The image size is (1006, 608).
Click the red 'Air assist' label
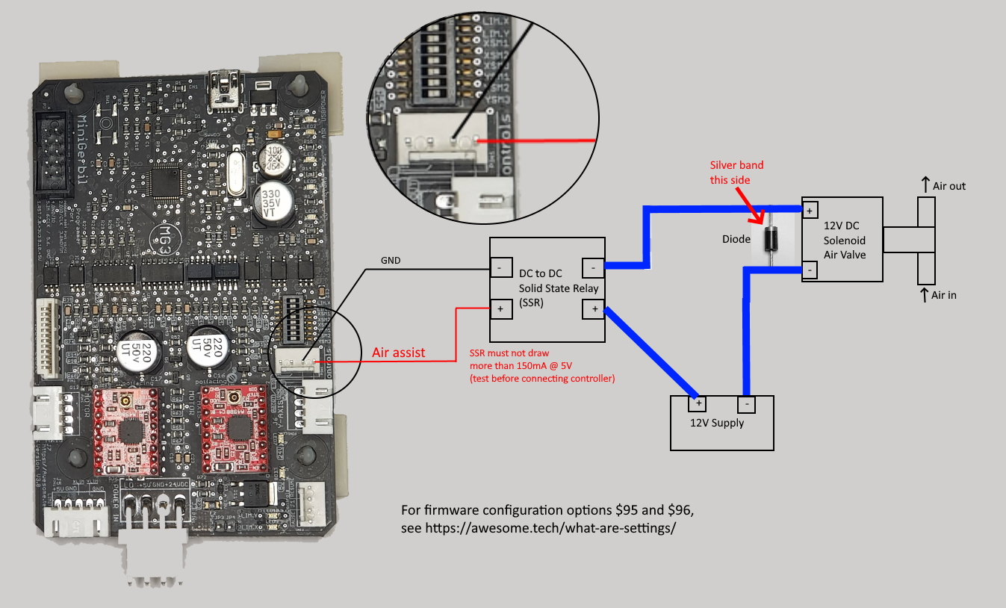pyautogui.click(x=399, y=353)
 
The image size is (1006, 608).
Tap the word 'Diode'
pyautogui.click(x=737, y=240)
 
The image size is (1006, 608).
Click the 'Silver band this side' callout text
pyautogui.click(x=736, y=172)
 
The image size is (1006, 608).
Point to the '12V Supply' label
pyautogui.click(x=717, y=423)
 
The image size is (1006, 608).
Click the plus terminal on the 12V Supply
pyautogui.click(x=699, y=404)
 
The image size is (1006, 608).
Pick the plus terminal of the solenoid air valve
pyautogui.click(x=810, y=211)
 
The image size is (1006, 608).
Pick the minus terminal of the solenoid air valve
pyautogui.click(x=810, y=269)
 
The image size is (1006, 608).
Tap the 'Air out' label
pyautogui.click(x=948, y=186)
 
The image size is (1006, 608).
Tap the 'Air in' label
pyautogui.click(x=943, y=295)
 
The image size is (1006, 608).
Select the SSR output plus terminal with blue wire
pyautogui.click(x=594, y=308)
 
